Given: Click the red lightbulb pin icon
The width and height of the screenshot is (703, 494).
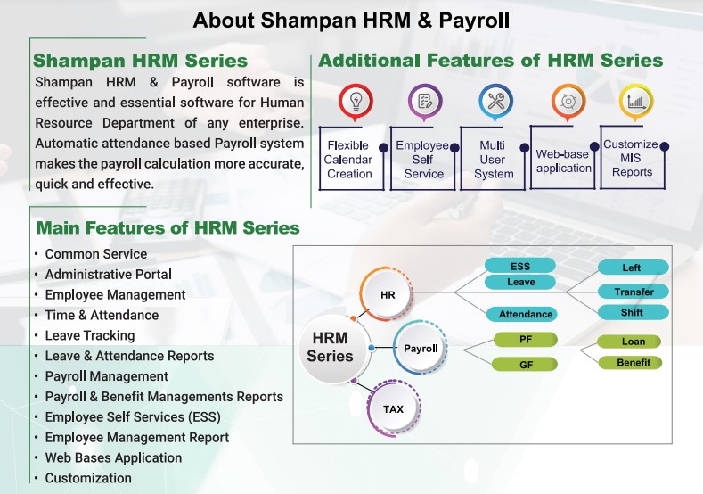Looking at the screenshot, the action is coord(356,103).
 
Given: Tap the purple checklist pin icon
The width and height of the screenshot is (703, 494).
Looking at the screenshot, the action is coord(425,103).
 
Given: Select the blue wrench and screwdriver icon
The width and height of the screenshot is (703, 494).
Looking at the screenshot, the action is coord(495,103).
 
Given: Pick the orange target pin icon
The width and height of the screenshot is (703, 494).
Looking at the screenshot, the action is coord(568,103).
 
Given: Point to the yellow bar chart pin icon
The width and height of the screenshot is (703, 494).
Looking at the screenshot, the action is coord(636,103).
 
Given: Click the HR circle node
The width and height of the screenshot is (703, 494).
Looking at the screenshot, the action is coord(388,294).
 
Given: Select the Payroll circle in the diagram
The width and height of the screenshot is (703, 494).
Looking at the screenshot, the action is coord(421,348).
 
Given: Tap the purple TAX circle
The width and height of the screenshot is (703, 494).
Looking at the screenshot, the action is coord(393,408).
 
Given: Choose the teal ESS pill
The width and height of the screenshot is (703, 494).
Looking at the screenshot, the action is coord(520,266).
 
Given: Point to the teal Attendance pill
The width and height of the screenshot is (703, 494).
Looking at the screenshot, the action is coord(521,314).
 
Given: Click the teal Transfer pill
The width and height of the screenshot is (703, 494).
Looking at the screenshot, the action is coord(634,292).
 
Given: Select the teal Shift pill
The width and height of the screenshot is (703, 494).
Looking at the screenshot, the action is coord(634,312).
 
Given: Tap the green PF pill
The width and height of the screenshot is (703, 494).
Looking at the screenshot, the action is coord(526,340).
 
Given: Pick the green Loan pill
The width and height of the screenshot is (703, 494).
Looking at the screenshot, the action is coord(629,342).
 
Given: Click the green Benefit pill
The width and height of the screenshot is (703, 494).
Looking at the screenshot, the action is coord(630,362).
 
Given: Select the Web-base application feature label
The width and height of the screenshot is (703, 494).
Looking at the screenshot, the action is coord(564,161).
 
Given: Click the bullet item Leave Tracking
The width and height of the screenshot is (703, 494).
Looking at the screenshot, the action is coord(90,335).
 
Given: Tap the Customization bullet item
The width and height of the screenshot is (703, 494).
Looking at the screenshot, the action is coord(88,478).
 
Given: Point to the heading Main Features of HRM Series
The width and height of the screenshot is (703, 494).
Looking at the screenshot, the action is coord(168,228).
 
